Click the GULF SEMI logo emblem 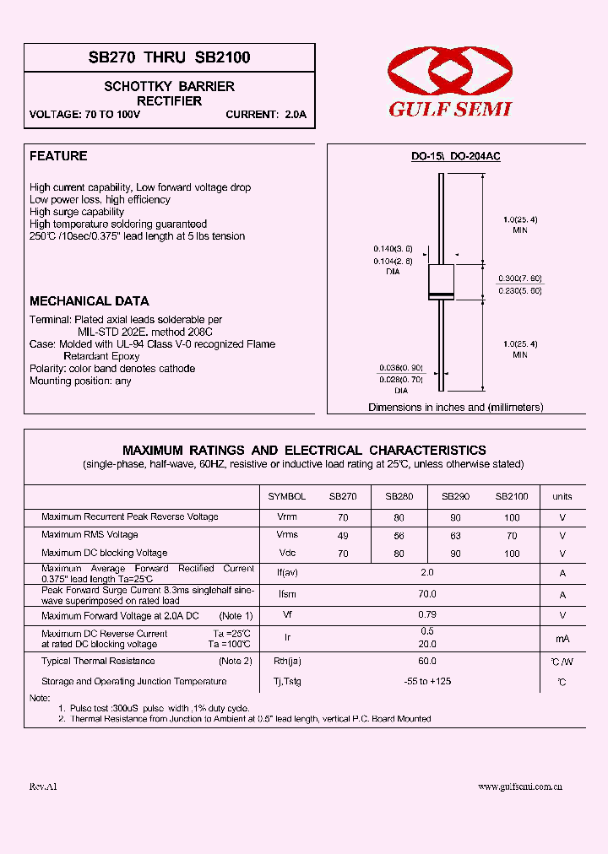(448, 73)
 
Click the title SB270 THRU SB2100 (169, 58)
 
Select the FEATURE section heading (58, 156)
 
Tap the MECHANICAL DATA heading (90, 301)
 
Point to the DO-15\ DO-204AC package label (455, 157)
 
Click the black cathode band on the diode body (441, 295)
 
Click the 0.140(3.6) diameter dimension (393, 249)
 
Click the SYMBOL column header (287, 497)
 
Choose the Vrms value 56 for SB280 (399, 535)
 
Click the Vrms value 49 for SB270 (343, 535)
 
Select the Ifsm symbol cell (287, 595)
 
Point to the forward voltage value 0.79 (427, 615)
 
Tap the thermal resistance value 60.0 (427, 662)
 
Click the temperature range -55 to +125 (427, 681)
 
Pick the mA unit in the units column (562, 640)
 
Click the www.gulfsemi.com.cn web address (520, 786)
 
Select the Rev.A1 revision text (43, 786)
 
